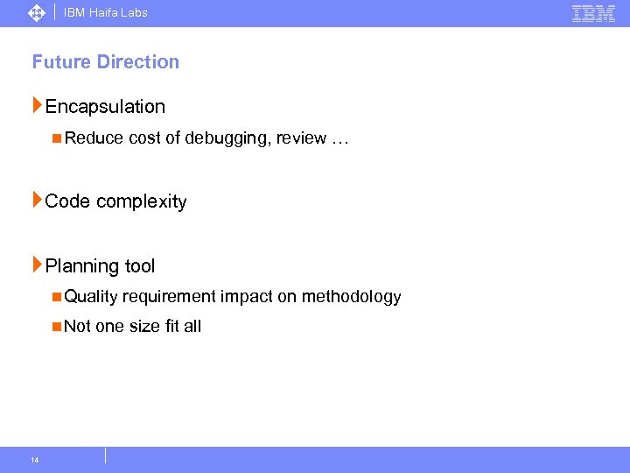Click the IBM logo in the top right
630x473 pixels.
594,13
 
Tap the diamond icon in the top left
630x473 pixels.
36,13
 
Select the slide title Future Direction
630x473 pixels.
106,62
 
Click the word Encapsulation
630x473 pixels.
105,107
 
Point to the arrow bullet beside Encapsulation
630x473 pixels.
37,106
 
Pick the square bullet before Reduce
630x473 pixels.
56,138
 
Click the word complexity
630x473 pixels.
142,201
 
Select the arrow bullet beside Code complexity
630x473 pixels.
37,201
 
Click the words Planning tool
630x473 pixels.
100,266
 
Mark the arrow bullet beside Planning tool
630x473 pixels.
37,265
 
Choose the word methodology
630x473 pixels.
351,297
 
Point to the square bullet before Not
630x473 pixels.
56,326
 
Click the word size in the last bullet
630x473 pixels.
144,327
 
